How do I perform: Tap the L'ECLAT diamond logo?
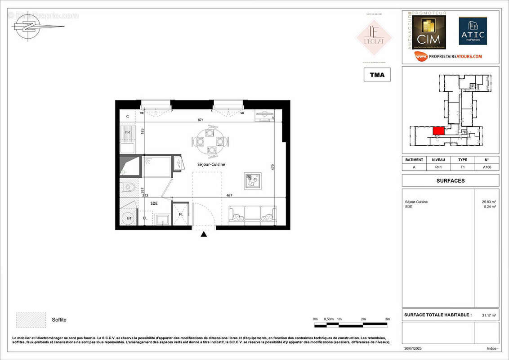374,37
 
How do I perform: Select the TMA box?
377,75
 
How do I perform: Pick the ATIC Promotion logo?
473,31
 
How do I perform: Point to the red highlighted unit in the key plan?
438,131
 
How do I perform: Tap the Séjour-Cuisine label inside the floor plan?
210,165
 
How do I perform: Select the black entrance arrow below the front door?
204,234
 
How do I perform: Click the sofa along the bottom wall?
252,215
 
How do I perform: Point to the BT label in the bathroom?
129,218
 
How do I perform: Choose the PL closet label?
181,214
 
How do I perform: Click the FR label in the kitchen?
128,133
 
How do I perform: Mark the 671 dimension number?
201,120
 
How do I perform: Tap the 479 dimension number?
272,167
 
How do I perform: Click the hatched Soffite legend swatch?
31,319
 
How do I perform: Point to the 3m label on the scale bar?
388,319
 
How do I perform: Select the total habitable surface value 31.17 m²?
488,315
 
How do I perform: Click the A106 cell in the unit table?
487,166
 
